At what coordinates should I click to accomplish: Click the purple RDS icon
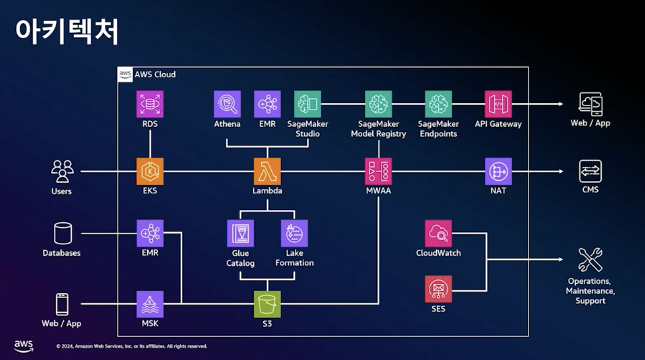coord(150,104)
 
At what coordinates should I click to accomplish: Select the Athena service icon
coord(227,104)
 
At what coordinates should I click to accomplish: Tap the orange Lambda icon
coord(267,171)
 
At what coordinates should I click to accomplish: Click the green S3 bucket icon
coord(267,304)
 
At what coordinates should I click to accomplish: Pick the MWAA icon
coord(379,171)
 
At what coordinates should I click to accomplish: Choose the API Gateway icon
coord(498,104)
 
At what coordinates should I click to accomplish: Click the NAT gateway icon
coord(498,171)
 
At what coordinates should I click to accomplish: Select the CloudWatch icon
coord(438,233)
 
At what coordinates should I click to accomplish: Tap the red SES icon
coord(438,289)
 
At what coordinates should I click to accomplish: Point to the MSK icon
coord(150,304)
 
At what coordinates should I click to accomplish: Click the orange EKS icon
coord(150,171)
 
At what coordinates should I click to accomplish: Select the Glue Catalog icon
coord(240,233)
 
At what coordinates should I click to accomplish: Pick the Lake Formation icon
coord(294,233)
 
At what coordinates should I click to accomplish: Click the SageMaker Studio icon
coord(307,104)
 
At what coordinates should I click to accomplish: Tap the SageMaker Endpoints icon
coord(438,104)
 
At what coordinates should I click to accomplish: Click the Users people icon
coord(62,171)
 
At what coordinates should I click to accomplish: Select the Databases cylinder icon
coord(62,233)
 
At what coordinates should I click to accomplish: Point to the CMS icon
coord(590,171)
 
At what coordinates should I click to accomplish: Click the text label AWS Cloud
coord(155,74)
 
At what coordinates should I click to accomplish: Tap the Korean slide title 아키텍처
coord(66,32)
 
